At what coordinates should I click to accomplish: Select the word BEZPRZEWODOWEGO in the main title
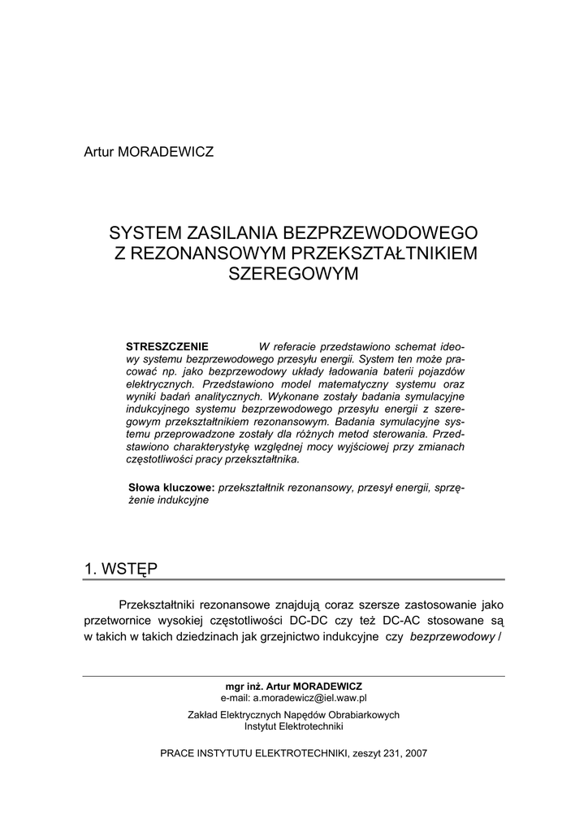pos(375,233)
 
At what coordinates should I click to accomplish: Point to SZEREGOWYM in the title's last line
pos(293,274)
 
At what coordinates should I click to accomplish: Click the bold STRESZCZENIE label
pos(167,345)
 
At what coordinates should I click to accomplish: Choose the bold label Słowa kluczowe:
pos(171,487)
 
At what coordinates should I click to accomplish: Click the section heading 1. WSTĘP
pos(121,569)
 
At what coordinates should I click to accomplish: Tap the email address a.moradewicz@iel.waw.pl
pos(310,697)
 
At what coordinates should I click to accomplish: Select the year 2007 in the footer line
pos(414,753)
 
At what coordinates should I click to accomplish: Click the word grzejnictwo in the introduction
pos(305,637)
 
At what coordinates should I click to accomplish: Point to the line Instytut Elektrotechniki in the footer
pos(294,726)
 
